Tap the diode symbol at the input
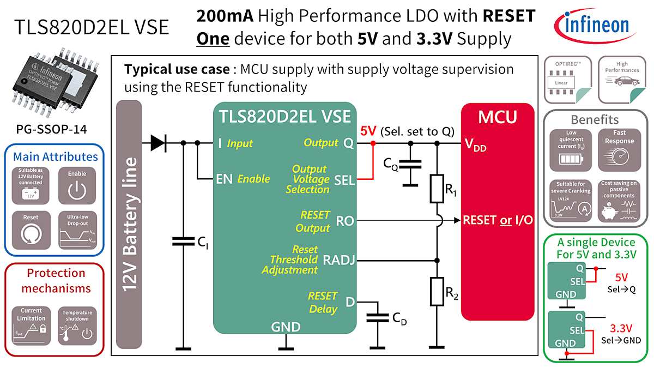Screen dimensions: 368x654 (158, 143)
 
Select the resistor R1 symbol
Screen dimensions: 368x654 (437, 189)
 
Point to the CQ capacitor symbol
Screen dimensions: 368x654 (410, 164)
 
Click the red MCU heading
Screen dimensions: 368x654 (497, 117)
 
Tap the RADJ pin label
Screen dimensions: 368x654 (339, 260)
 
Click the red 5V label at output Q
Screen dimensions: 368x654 (368, 131)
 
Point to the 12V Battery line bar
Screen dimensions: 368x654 (129, 225)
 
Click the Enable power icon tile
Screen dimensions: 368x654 (77, 185)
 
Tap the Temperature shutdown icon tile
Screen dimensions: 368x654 (77, 325)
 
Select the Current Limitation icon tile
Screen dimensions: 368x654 (31, 325)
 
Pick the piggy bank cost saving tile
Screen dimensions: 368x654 (619, 201)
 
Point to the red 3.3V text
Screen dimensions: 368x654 (621, 328)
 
